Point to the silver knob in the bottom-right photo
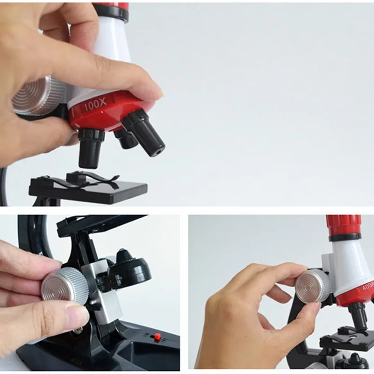pos(314,286)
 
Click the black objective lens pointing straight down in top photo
pos(90,148)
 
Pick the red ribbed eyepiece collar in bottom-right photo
pos(344,225)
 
